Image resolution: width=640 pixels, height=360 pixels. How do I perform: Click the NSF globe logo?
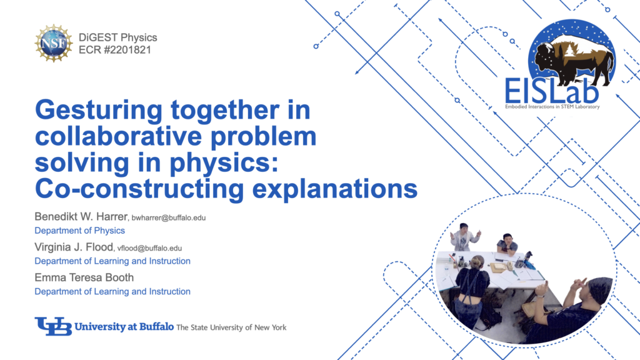(x=54, y=43)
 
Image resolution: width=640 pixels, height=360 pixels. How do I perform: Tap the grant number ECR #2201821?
(x=115, y=50)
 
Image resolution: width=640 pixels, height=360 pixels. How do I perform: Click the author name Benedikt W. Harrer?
(x=81, y=216)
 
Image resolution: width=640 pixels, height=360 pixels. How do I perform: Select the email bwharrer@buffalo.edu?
(x=169, y=218)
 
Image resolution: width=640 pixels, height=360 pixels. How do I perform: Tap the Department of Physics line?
(x=79, y=231)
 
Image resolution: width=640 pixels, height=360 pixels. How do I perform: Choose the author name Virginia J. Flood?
(x=74, y=247)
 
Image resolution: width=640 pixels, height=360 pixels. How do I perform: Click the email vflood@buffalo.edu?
(x=149, y=248)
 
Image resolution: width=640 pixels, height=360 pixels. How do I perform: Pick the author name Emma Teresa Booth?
(x=84, y=277)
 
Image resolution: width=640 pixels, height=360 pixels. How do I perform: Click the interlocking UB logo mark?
(x=53, y=326)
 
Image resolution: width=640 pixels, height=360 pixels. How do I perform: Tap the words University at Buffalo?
(x=124, y=326)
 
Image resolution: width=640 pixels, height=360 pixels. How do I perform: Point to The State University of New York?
(x=231, y=327)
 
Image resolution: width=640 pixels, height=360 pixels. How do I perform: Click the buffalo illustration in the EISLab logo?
(x=574, y=59)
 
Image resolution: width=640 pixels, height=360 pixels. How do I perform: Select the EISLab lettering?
(x=551, y=91)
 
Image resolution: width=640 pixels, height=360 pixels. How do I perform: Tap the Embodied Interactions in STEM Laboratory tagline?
(x=552, y=107)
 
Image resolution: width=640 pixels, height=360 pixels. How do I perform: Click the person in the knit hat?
(x=571, y=308)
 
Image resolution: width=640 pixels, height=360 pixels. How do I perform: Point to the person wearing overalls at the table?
(x=473, y=290)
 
